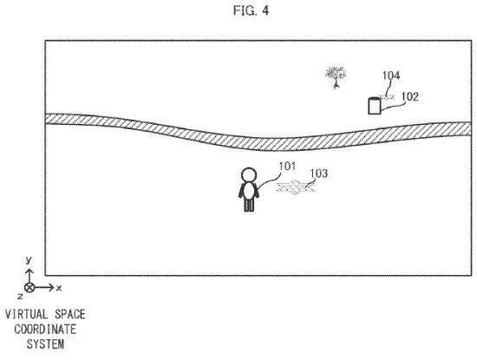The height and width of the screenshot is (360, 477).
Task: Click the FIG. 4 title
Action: point(251,10)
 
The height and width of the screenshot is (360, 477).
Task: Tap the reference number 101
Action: point(287,167)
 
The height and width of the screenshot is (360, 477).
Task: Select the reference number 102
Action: point(410,96)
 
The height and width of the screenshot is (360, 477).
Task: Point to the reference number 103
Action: point(319,173)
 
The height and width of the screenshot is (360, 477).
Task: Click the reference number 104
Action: point(391,75)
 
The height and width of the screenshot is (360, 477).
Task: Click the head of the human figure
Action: point(249,175)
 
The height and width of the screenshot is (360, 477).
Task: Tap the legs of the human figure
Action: point(249,205)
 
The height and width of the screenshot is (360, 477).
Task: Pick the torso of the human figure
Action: point(249,191)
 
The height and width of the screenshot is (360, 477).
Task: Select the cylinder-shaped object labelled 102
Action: point(375,106)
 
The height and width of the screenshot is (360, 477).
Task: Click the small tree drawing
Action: point(336,77)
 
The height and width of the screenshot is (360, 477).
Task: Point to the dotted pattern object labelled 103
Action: point(295,187)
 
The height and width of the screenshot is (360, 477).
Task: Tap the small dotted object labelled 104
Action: point(387,97)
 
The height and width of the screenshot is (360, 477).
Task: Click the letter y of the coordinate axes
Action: point(29,260)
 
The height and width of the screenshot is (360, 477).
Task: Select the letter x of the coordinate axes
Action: point(59,287)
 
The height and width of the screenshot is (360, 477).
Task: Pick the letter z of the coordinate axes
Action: point(20,296)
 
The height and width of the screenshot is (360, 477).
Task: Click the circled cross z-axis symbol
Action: point(29,287)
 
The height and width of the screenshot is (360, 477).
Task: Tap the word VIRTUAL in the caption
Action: point(27,314)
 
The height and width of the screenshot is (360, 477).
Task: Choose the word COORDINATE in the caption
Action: point(45,330)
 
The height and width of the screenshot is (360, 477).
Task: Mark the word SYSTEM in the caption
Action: point(45,344)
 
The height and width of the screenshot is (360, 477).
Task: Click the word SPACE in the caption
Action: point(70,314)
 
